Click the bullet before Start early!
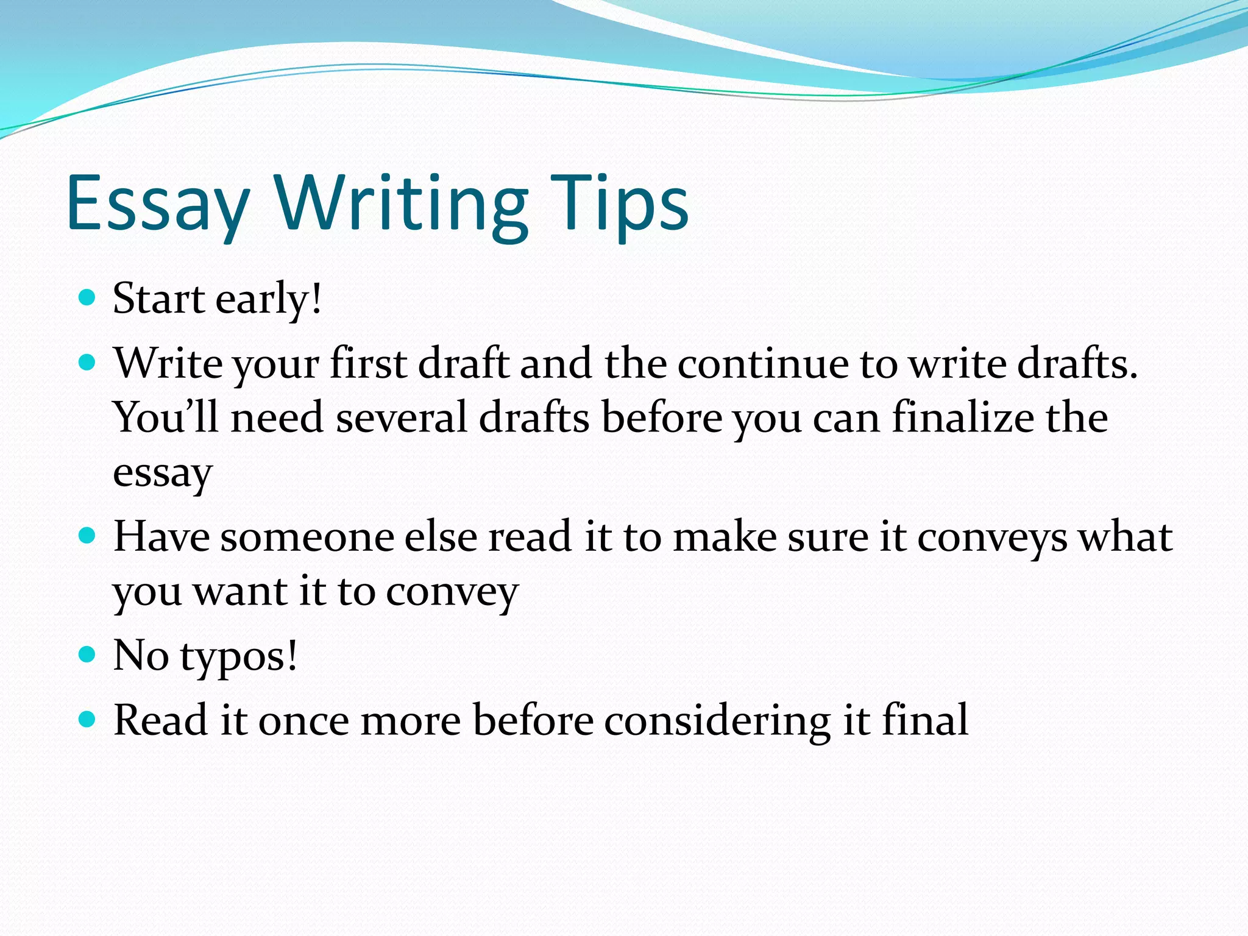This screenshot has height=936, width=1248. [88, 297]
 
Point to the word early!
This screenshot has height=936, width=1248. [269, 300]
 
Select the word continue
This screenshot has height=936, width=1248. [762, 364]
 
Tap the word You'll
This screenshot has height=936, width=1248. [166, 418]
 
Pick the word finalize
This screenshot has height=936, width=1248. [963, 418]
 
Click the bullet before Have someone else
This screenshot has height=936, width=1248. [88, 536]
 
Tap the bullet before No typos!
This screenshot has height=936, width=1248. [88, 655]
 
